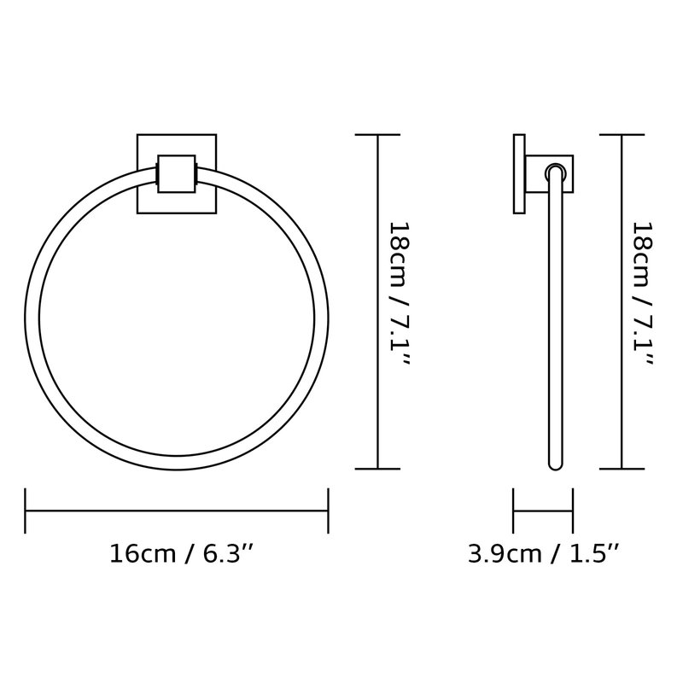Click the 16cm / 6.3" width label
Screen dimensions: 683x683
(181, 553)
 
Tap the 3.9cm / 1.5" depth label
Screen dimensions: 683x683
(543, 553)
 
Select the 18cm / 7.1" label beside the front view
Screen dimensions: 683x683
(399, 294)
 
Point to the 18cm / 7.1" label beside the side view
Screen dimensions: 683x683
(643, 294)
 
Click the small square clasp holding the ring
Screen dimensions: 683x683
(177, 174)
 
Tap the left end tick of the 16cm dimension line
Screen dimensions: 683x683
(26, 511)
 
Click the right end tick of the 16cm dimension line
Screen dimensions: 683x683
(328, 511)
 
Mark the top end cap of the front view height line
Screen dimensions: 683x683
(377, 135)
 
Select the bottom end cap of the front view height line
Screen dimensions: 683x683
(377, 469)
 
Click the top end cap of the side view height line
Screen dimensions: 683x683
(622, 135)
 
